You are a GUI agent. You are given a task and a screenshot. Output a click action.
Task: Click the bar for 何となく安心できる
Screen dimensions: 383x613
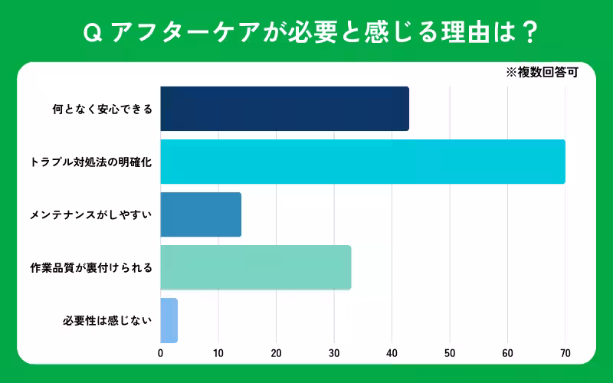[284, 109]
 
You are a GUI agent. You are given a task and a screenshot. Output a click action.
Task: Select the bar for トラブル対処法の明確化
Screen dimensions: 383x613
[362, 162]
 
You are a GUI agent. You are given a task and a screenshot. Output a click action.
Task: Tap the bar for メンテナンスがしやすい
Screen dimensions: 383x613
[201, 214]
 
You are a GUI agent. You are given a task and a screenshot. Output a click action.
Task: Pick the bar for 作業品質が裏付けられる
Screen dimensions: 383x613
[256, 267]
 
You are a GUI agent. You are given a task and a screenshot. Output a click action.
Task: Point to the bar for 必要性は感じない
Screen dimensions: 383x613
[169, 320]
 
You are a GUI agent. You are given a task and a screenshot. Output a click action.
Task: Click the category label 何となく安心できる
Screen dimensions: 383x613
[102, 109]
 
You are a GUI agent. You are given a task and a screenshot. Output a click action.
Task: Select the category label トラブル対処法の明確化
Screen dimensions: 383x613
[91, 162]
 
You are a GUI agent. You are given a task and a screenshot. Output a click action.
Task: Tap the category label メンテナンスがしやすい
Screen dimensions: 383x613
[91, 214]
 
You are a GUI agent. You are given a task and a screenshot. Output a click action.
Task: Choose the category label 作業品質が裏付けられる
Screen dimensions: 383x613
[91, 267]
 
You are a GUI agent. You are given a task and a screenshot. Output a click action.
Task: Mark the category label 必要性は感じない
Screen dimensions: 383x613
[107, 320]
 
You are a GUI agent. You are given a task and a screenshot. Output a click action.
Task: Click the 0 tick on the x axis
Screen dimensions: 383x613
[160, 353]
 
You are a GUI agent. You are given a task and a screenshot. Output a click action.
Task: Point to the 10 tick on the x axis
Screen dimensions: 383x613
[218, 353]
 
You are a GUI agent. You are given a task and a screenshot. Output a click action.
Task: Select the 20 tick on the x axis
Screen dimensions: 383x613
[276, 353]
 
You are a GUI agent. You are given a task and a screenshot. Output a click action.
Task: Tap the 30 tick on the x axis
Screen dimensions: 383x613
[334, 353]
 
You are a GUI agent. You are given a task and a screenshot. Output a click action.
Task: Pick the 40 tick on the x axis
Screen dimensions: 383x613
[392, 353]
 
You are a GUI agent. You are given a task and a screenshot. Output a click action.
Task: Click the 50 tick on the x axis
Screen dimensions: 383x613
[450, 353]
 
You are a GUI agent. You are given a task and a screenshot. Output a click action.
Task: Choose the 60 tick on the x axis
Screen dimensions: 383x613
[507, 353]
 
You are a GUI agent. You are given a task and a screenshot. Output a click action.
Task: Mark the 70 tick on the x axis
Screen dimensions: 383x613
[565, 353]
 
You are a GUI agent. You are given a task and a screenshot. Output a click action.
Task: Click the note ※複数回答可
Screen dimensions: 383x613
[541, 74]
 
